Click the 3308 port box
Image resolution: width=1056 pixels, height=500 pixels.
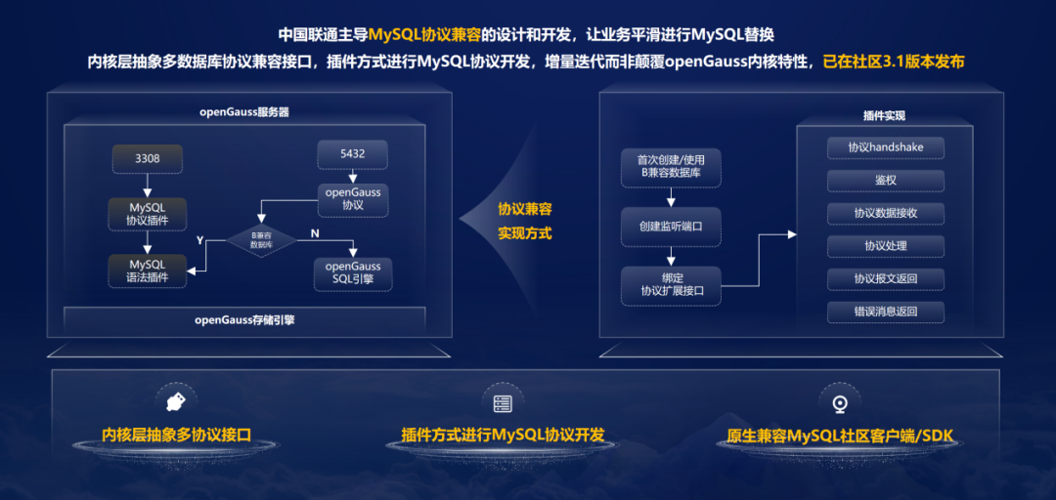(x=148, y=158)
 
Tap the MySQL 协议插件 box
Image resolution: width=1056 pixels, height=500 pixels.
(x=148, y=214)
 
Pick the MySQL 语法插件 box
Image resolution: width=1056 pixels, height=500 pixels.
(x=148, y=271)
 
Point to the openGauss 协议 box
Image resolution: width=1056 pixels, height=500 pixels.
(x=353, y=198)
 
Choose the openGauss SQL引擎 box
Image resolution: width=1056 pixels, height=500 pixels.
(x=353, y=272)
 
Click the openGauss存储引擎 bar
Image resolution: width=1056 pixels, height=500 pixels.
(x=244, y=318)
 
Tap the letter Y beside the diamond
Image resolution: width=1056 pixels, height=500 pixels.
(x=200, y=239)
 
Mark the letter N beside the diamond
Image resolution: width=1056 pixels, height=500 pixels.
(x=314, y=234)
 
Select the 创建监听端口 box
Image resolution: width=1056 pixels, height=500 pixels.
(x=671, y=226)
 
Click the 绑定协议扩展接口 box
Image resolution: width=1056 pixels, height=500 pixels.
(x=671, y=284)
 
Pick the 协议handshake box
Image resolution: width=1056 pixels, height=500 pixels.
(x=885, y=147)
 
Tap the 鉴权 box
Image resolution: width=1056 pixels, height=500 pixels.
(x=885, y=181)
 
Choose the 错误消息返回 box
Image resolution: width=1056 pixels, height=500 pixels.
(x=885, y=312)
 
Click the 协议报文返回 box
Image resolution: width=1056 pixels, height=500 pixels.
(x=885, y=279)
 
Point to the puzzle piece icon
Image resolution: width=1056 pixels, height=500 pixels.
(x=177, y=400)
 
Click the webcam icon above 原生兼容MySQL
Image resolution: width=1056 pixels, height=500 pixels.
(x=838, y=402)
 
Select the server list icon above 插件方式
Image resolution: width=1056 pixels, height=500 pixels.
(x=503, y=402)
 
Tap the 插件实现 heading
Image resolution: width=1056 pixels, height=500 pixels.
(x=884, y=115)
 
